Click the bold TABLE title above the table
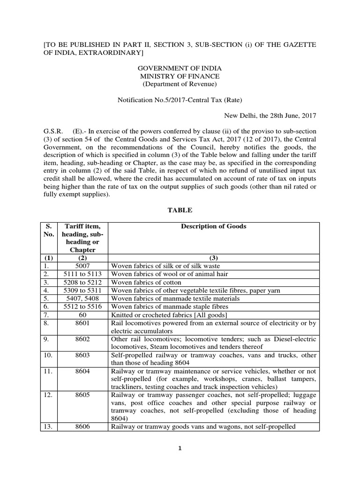point(180,211)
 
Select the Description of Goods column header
point(213,226)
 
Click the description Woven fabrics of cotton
point(146,283)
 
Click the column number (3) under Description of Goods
point(213,258)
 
